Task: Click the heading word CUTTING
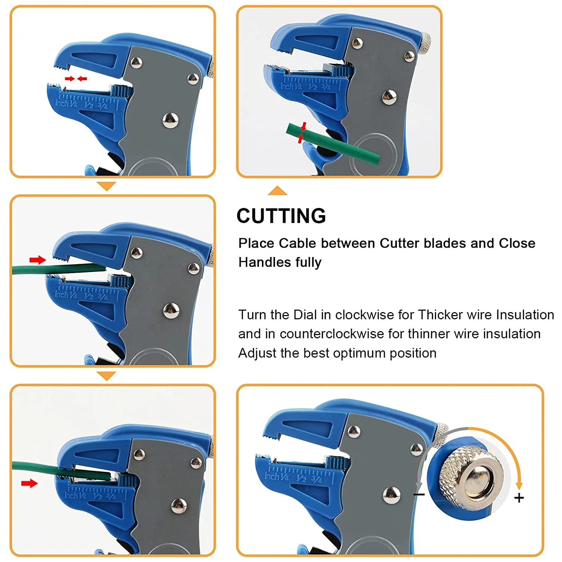coord(281,216)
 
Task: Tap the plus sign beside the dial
coord(519,498)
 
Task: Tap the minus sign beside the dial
coord(419,495)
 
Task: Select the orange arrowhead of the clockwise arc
coord(519,486)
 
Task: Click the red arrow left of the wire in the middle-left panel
coord(37,260)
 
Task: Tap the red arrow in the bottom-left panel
coord(29,483)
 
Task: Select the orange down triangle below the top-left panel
coord(106,186)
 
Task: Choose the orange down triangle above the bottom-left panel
coord(106,376)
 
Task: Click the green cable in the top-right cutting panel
coord(337,144)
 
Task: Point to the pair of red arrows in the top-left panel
coord(76,79)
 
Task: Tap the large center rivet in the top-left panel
coord(170,120)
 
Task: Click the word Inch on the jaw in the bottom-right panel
coord(271,476)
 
